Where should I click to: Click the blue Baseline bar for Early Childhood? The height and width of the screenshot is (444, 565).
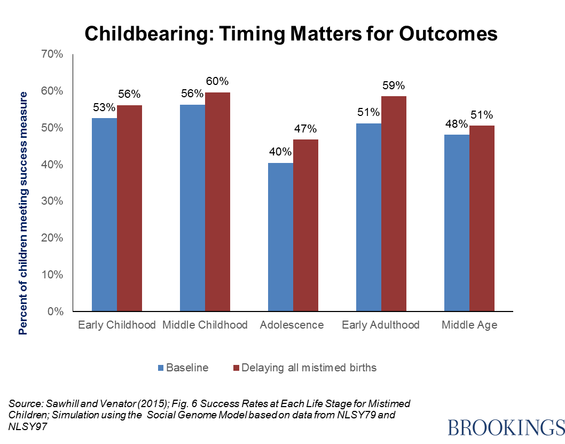(105, 214)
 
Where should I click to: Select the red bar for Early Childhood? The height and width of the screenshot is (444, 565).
(130, 208)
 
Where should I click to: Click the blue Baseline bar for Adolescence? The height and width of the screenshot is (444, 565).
(280, 237)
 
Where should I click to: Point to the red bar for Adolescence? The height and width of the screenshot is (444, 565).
(305, 225)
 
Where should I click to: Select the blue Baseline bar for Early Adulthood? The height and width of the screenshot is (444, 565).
(368, 217)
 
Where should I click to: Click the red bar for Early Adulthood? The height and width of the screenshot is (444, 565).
(394, 203)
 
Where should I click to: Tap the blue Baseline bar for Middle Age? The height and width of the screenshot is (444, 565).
(457, 222)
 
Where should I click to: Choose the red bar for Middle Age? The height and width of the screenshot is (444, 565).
(482, 218)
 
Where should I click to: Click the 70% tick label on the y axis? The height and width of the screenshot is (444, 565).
(51, 54)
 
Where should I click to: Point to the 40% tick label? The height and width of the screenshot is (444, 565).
(51, 165)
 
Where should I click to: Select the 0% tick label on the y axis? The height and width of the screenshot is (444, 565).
(54, 311)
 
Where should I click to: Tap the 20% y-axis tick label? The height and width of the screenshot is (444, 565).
(51, 238)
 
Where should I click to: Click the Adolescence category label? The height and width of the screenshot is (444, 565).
(292, 325)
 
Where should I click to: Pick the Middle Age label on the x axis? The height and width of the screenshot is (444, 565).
(469, 325)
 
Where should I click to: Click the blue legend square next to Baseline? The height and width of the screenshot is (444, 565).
(161, 368)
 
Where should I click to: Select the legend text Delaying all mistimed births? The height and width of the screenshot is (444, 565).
(309, 368)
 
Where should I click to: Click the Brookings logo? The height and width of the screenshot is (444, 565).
(505, 427)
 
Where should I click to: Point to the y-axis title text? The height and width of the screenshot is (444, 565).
(23, 213)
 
